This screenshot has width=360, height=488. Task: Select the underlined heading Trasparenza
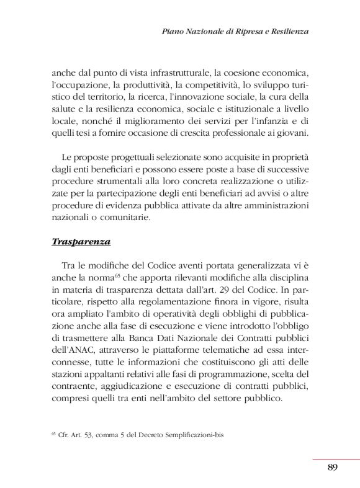point(81,241)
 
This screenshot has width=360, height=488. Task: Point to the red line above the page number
point(335,459)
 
